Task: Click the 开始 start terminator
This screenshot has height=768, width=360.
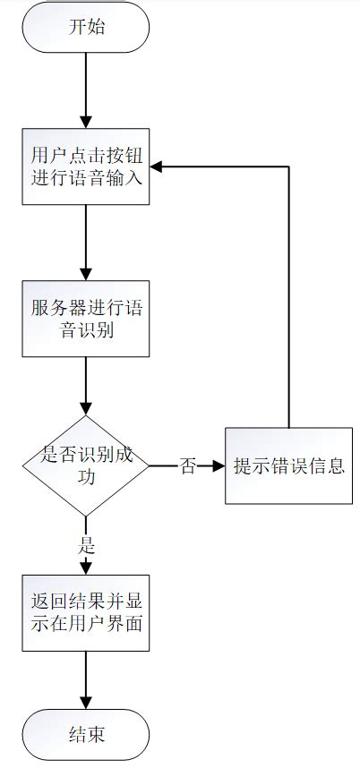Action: coord(86,27)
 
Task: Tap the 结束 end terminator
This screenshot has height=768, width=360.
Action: coord(86,735)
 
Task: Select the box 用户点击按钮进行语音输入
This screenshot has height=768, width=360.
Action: coord(86,166)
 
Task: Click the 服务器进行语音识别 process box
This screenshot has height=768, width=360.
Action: coord(86,318)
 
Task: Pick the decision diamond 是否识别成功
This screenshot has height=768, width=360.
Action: coord(86,465)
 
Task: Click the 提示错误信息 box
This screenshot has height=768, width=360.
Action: coord(288,466)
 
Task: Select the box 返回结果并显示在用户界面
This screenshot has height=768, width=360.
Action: coord(86,613)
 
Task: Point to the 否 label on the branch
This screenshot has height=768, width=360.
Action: coord(187,466)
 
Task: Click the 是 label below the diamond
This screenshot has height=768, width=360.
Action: coord(87,545)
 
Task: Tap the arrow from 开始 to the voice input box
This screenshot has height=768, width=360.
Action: coord(86,90)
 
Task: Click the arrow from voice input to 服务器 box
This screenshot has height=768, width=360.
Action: coord(86,242)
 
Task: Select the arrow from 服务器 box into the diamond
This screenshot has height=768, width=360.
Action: coord(86,385)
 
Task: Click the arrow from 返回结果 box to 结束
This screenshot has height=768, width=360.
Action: coord(86,680)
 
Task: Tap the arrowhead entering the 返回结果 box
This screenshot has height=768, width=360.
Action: coord(86,567)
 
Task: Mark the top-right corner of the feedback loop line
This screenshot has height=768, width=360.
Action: coord(288,166)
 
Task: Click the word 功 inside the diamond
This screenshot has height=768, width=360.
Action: coord(86,477)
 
